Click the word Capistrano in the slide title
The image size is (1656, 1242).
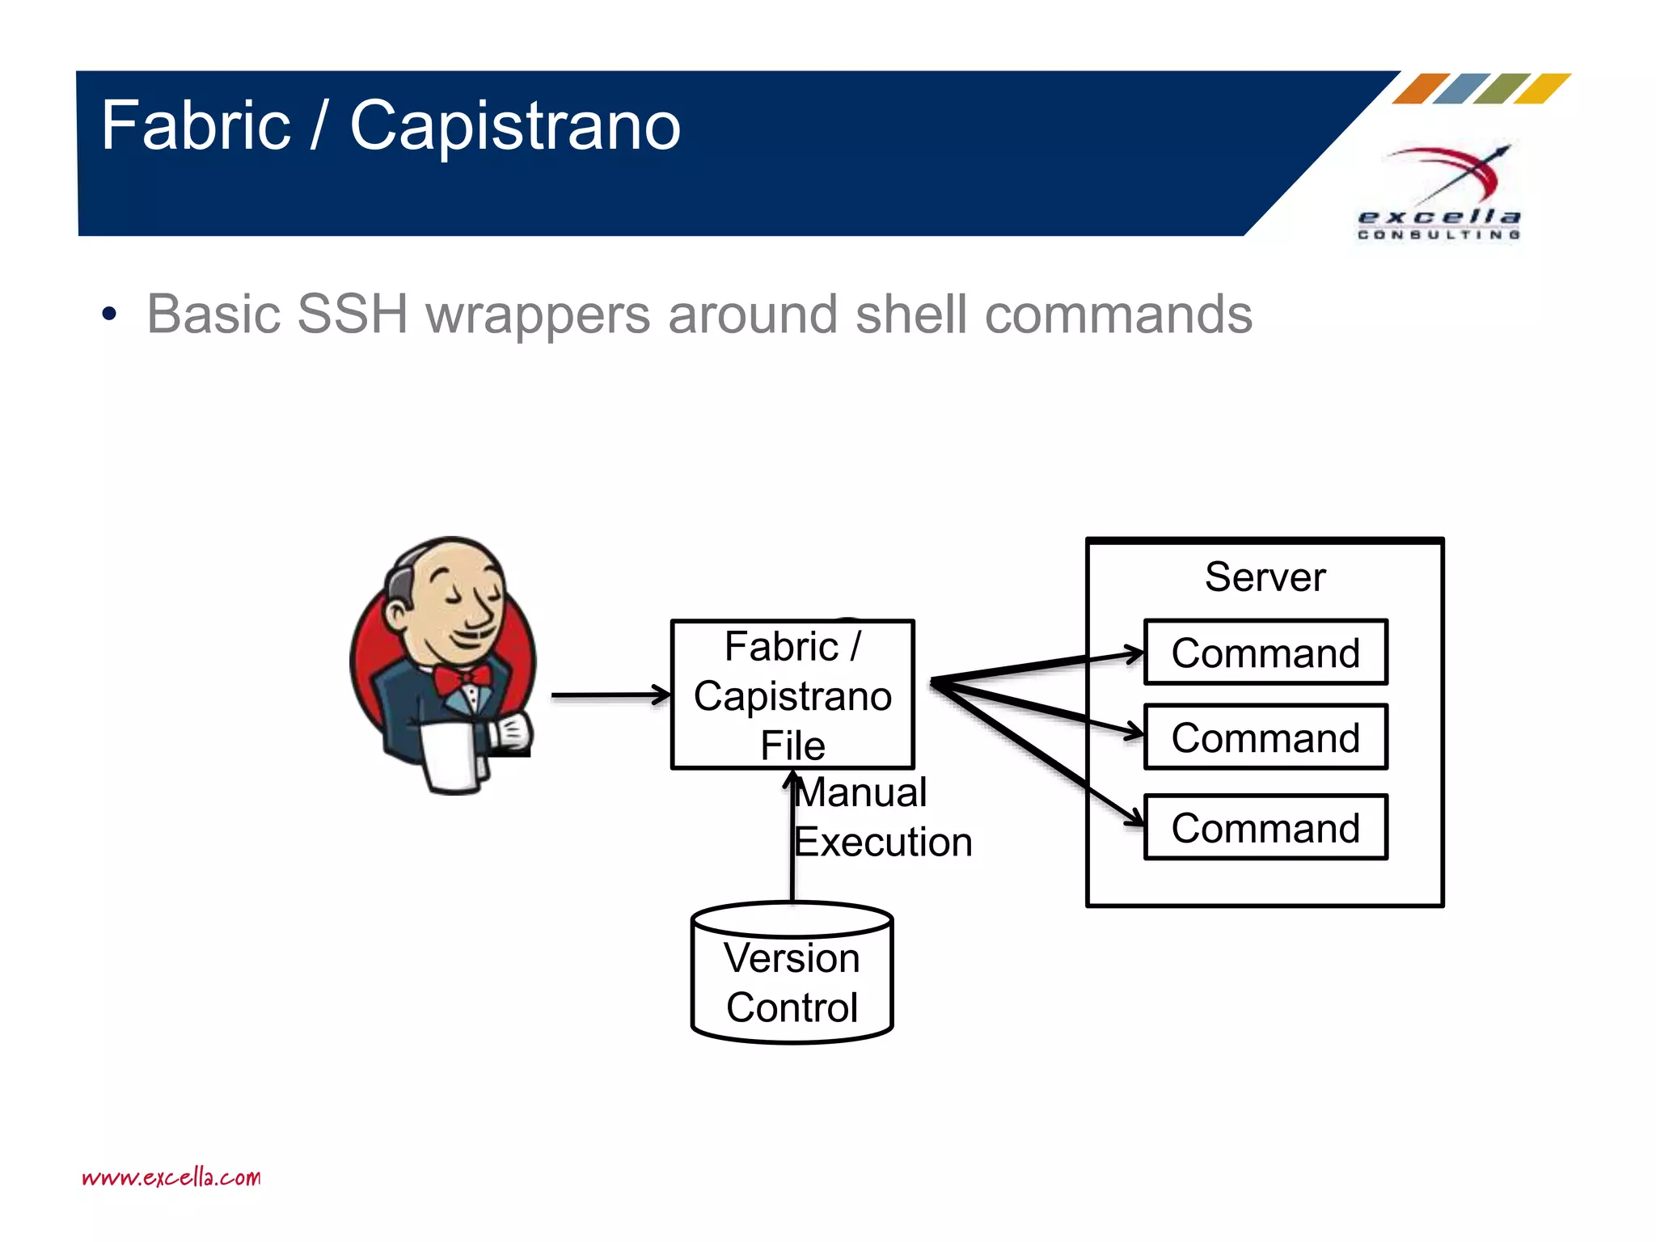(x=515, y=126)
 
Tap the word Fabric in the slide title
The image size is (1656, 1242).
(x=196, y=126)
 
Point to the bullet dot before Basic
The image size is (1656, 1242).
(x=109, y=315)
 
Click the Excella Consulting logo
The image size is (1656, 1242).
(x=1439, y=194)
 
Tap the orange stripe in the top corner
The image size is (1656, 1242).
(x=1421, y=88)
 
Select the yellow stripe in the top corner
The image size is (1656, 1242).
(x=1542, y=88)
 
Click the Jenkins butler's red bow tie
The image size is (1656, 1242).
(x=462, y=678)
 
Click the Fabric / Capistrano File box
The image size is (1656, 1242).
(x=792, y=695)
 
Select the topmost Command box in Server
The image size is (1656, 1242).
(x=1265, y=653)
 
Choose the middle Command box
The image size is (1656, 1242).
(x=1265, y=737)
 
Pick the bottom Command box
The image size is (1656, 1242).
(x=1265, y=828)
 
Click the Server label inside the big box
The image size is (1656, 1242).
(x=1265, y=577)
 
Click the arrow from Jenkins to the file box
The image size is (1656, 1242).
(x=610, y=695)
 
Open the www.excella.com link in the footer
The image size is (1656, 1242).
(x=171, y=1177)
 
